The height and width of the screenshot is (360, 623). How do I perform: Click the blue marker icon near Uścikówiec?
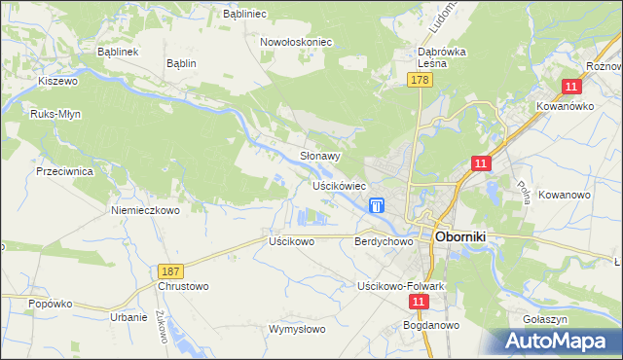click(x=377, y=205)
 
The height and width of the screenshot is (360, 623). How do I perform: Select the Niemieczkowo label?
click(x=146, y=210)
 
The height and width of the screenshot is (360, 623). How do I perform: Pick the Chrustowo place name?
click(x=183, y=287)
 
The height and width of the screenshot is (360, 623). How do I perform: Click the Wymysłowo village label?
click(x=297, y=329)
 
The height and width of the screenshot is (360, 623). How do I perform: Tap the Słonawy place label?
click(x=319, y=156)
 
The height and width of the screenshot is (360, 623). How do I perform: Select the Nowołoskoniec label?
click(x=297, y=43)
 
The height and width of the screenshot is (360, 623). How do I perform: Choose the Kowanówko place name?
click(x=565, y=106)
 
